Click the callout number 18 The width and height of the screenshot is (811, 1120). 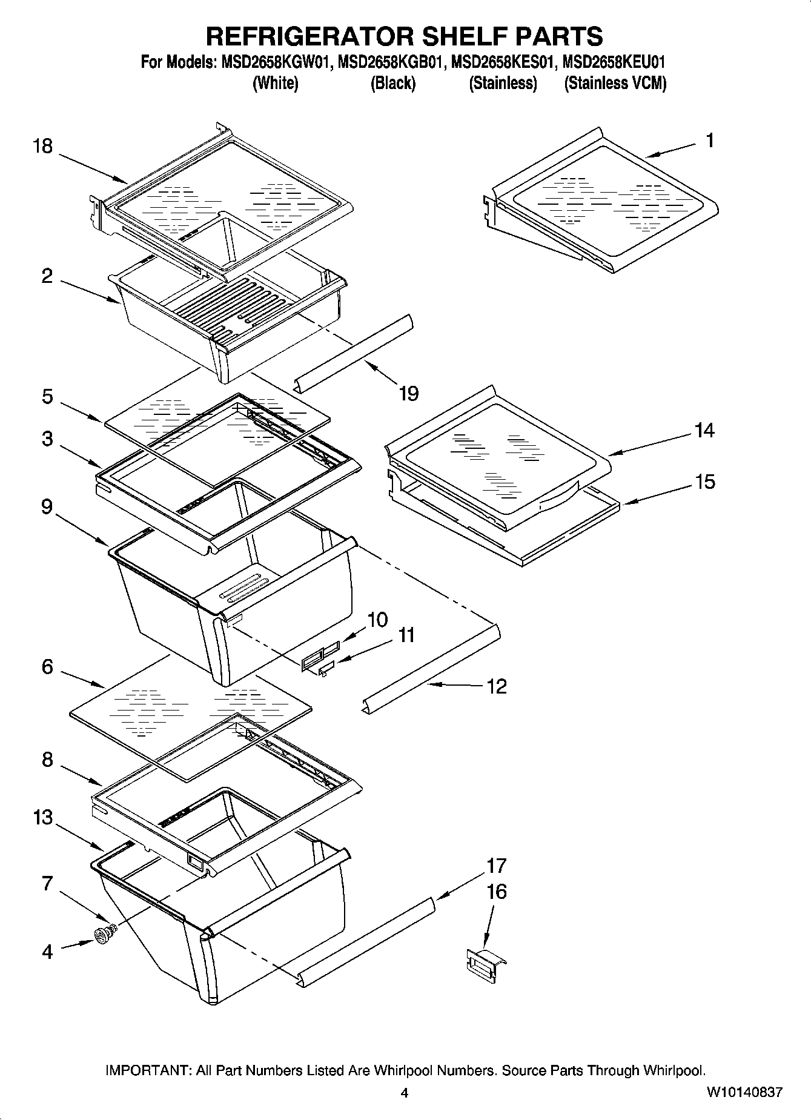(43, 147)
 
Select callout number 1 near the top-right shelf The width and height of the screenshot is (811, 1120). (710, 141)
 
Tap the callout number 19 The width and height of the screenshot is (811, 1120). (409, 394)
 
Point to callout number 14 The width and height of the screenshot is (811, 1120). (704, 431)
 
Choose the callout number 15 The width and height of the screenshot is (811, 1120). (704, 482)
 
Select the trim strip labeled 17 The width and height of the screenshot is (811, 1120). (369, 939)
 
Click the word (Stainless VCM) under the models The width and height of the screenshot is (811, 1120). (615, 83)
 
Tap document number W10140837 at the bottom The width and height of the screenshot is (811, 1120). (744, 1092)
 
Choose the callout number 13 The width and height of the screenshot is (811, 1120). (43, 818)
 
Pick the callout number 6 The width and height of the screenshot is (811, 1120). (47, 667)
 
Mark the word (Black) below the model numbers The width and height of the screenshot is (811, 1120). (392, 83)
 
